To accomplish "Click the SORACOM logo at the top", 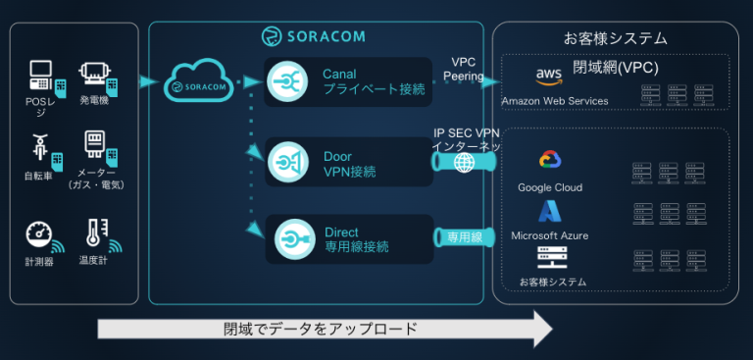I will pos(314,36).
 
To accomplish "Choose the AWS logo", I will pos(547,77).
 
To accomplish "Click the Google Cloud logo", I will pos(548,161).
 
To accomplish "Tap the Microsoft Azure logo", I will pos(548,211).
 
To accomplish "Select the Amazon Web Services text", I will pos(554,101).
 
